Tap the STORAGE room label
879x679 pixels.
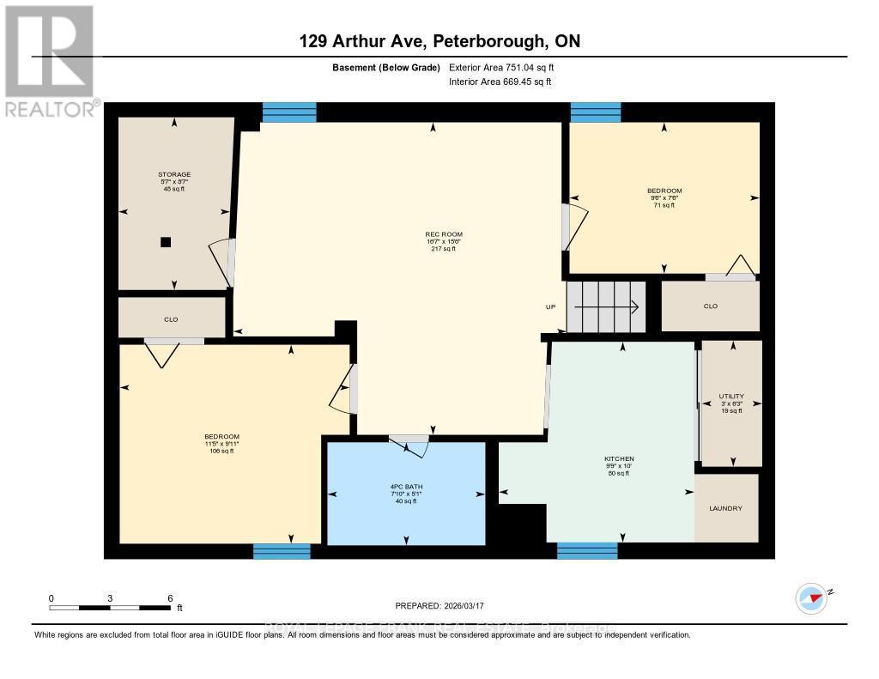(x=175, y=174)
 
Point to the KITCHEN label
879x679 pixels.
(x=618, y=458)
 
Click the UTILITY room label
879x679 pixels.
(x=731, y=397)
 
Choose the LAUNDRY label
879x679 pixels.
(x=725, y=508)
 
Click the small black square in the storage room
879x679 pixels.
(x=166, y=242)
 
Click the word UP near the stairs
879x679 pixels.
(x=551, y=306)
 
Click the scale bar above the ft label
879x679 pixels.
(x=110, y=608)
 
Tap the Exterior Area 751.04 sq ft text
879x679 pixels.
(x=507, y=67)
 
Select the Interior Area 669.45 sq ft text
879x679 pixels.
(x=500, y=82)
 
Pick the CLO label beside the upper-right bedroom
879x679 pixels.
(x=710, y=306)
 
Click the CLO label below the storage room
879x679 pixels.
(x=171, y=319)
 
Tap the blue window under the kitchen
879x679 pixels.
(x=587, y=551)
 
